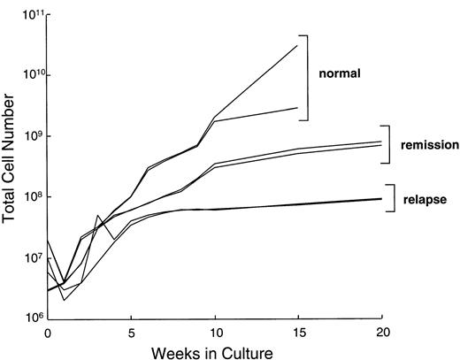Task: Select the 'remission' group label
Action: coord(428,144)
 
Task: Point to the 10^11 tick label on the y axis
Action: coord(29,14)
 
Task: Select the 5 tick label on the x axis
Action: coord(131,334)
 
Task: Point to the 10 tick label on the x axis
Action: coord(214,334)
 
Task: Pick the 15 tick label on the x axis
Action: coord(297,334)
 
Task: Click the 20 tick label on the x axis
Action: coord(380,334)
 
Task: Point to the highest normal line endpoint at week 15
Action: coord(297,45)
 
